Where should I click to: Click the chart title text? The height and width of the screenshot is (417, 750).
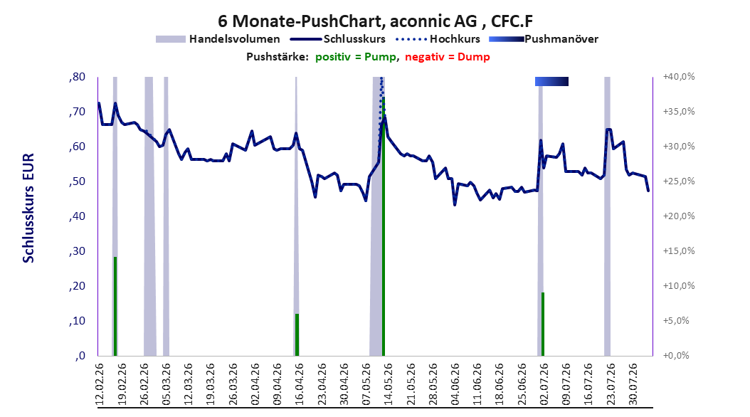(x=375, y=21)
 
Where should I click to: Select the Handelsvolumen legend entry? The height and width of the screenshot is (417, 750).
(x=218, y=39)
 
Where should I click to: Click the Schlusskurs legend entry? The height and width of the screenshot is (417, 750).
(x=338, y=39)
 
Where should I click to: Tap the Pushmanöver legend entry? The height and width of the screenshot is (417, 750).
(x=544, y=39)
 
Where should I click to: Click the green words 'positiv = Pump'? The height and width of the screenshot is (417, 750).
(x=356, y=57)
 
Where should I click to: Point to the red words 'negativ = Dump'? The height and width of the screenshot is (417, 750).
(x=448, y=57)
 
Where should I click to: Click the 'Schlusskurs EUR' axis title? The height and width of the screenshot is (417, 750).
(x=28, y=208)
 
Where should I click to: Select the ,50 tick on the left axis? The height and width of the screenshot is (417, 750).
(x=77, y=181)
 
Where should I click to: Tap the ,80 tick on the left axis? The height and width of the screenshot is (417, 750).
(x=77, y=77)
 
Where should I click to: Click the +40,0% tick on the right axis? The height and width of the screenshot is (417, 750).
(x=679, y=77)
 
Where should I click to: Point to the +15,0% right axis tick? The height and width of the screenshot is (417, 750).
(x=679, y=251)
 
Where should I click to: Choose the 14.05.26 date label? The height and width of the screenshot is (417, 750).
(x=389, y=384)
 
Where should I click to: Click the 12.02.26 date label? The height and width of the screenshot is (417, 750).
(x=100, y=384)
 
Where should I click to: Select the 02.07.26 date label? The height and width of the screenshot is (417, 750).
(x=544, y=384)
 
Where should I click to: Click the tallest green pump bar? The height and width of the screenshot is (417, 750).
(x=383, y=226)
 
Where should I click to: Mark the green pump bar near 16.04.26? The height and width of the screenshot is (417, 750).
(x=297, y=334)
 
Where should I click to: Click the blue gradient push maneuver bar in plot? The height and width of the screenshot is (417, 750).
(x=551, y=81)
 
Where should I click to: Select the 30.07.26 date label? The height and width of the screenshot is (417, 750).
(x=633, y=384)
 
